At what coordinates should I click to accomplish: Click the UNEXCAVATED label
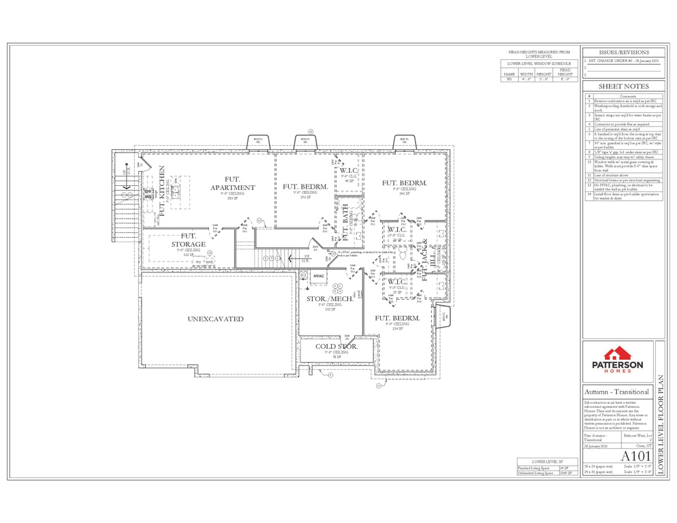(215, 319)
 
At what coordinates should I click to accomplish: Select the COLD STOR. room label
(336, 347)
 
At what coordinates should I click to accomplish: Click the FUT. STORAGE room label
(189, 240)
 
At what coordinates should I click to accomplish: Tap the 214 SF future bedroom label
(396, 318)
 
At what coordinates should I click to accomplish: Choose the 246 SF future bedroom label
(405, 183)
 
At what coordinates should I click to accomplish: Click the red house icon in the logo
(618, 353)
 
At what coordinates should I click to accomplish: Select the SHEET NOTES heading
(623, 86)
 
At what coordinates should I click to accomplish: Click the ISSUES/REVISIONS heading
(623, 52)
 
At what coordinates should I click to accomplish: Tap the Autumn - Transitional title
(616, 392)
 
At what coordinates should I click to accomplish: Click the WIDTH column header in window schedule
(526, 74)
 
